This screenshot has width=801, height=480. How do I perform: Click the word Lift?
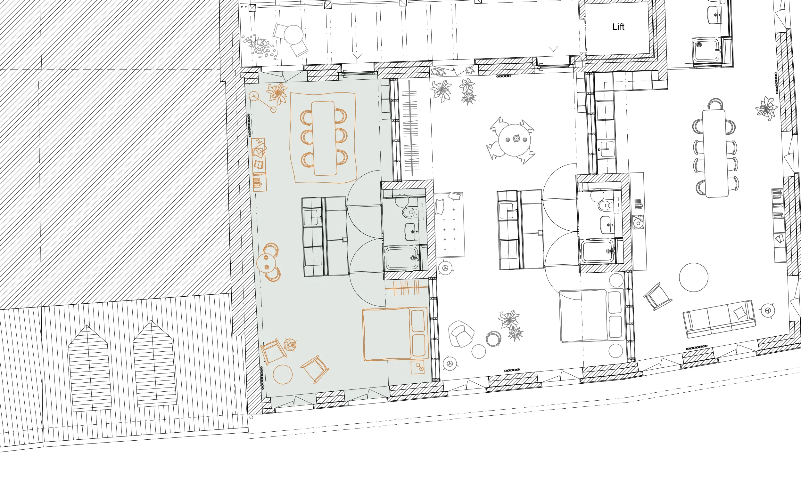(618, 27)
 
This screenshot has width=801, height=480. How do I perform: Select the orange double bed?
(395, 334)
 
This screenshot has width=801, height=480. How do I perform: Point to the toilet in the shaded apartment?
(409, 212)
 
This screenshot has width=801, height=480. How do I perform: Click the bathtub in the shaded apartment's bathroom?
(402, 258)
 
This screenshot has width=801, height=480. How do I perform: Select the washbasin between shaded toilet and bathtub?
(411, 232)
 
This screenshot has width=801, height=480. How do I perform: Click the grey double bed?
(592, 316)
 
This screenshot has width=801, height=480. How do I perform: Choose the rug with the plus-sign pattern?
(449, 225)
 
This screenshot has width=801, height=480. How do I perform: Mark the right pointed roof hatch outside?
(154, 363)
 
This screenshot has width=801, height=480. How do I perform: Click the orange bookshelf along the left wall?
(259, 164)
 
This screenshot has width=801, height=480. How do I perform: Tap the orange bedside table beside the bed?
(418, 367)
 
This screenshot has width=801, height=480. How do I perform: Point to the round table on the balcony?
(293, 35)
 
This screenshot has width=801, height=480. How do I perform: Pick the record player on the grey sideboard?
(638, 222)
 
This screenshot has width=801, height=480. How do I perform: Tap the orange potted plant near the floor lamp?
(277, 93)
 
